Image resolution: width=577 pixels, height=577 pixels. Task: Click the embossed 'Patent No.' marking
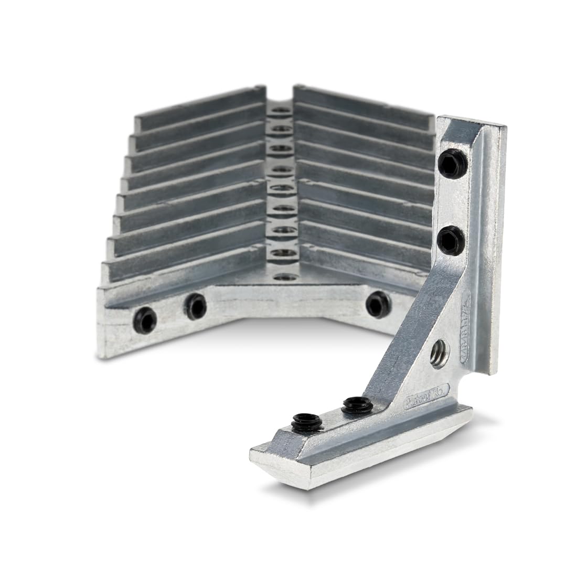click(x=423, y=401)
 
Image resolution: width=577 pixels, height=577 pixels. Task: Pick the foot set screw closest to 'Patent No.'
click(x=353, y=405)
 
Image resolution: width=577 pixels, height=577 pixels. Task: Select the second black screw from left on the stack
click(x=195, y=305)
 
